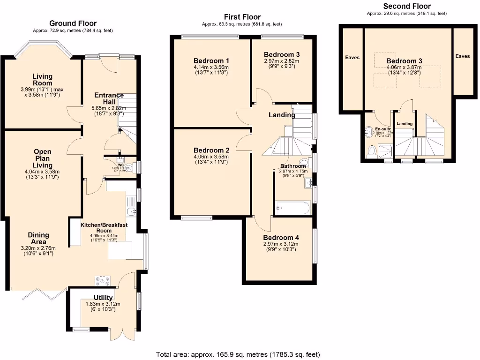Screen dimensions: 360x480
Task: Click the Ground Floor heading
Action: click(x=73, y=23)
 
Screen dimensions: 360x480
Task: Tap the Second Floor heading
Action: click(x=406, y=6)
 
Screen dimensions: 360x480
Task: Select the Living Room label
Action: click(x=42, y=80)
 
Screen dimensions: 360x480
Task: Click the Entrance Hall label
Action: click(x=109, y=98)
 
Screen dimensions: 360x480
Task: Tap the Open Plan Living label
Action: click(x=42, y=158)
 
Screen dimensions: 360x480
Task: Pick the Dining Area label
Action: click(x=38, y=238)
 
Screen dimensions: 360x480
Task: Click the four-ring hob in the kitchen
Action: click(x=102, y=280)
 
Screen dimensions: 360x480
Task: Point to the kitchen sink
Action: click(x=132, y=212)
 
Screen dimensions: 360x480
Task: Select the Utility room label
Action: click(x=103, y=298)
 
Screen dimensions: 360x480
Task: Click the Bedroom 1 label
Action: click(x=211, y=60)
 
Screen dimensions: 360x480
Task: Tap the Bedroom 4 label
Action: click(x=281, y=238)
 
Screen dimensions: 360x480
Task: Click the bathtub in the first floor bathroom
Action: click(x=292, y=207)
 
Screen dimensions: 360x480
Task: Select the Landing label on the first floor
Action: click(x=281, y=115)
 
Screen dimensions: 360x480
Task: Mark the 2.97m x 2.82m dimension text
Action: click(x=281, y=61)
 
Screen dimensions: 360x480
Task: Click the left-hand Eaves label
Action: click(x=352, y=58)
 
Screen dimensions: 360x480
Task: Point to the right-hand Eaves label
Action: click(x=462, y=56)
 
